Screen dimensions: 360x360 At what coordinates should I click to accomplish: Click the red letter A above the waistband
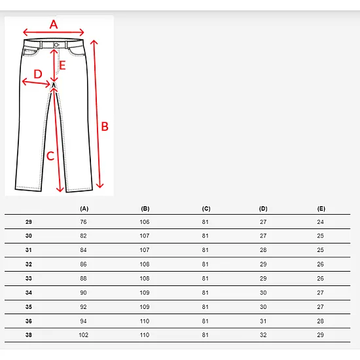pyautogui.click(x=54, y=24)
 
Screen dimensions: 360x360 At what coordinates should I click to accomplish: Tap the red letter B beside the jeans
pyautogui.click(x=105, y=126)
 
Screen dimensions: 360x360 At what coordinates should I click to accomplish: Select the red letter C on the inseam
pyautogui.click(x=50, y=156)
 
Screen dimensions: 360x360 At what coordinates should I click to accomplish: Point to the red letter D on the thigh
pyautogui.click(x=38, y=74)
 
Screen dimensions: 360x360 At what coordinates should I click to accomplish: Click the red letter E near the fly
pyautogui.click(x=62, y=65)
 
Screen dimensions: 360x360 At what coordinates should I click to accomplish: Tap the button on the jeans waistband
pyautogui.click(x=56, y=45)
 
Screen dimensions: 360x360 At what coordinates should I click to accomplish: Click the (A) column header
pyautogui.click(x=84, y=209)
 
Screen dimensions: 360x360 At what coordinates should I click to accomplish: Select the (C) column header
pyautogui.click(x=206, y=209)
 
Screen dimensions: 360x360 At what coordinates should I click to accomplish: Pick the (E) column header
pyautogui.click(x=321, y=209)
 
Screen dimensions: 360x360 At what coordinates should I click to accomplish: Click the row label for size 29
pyautogui.click(x=29, y=222)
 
